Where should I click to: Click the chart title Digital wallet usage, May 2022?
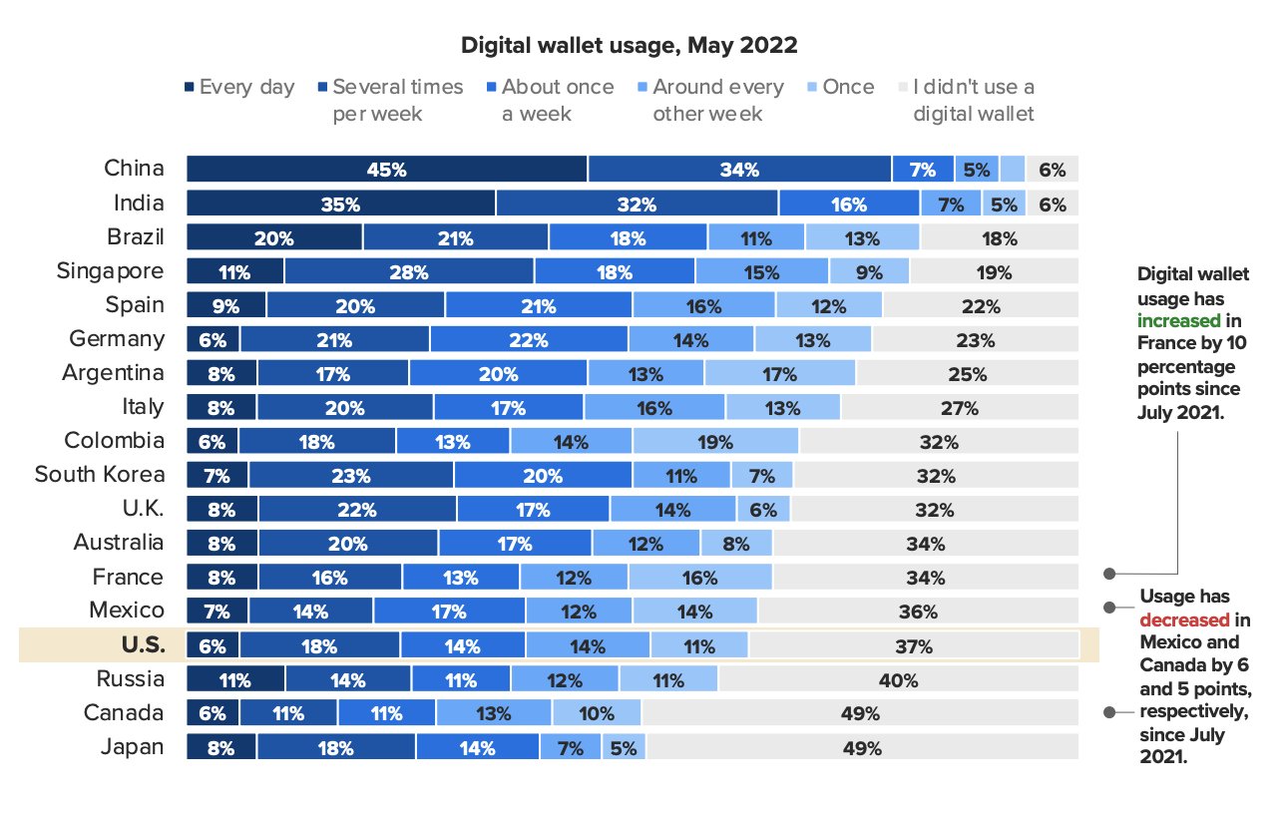point(628,45)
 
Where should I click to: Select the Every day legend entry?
point(239,87)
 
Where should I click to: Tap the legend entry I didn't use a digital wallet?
point(973,100)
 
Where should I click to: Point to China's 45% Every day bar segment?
point(387,170)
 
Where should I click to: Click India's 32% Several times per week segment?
point(637,205)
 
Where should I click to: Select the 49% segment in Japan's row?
point(862,747)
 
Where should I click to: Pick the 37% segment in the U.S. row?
point(913,645)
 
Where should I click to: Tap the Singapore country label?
point(110,271)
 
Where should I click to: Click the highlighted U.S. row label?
point(137,644)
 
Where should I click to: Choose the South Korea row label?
point(100,475)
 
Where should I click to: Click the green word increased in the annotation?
point(1178,320)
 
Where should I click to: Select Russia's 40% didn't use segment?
point(898,680)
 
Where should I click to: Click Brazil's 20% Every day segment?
point(274,238)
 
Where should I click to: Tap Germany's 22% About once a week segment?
point(529,340)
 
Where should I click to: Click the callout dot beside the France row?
point(1108,574)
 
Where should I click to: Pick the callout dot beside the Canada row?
point(1108,712)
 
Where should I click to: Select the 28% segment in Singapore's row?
point(409,272)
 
